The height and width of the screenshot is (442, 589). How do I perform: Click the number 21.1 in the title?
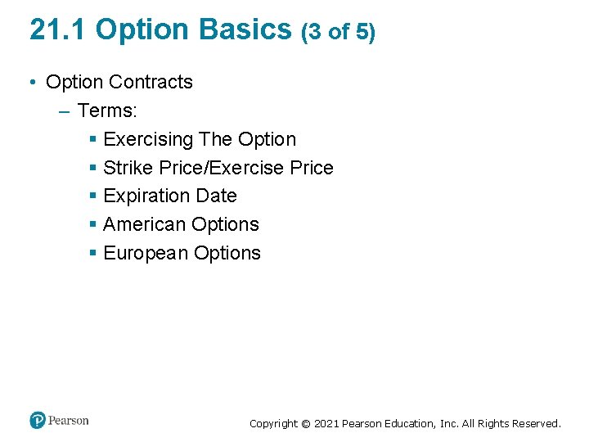point(59,29)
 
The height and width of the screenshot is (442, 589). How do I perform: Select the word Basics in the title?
point(245,29)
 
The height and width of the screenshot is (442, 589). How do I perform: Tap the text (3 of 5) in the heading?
point(339,32)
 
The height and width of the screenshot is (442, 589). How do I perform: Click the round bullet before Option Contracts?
point(32,83)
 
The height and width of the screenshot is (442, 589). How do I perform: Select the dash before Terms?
point(65,110)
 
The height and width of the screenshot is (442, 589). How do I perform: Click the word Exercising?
point(148,139)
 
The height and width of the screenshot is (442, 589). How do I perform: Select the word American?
point(145,224)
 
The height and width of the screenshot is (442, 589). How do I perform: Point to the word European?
point(146,253)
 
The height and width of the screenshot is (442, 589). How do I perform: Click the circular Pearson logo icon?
point(38,420)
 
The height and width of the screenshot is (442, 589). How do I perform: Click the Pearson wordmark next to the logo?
point(69,421)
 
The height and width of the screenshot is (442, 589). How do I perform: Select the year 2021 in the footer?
point(325,424)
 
